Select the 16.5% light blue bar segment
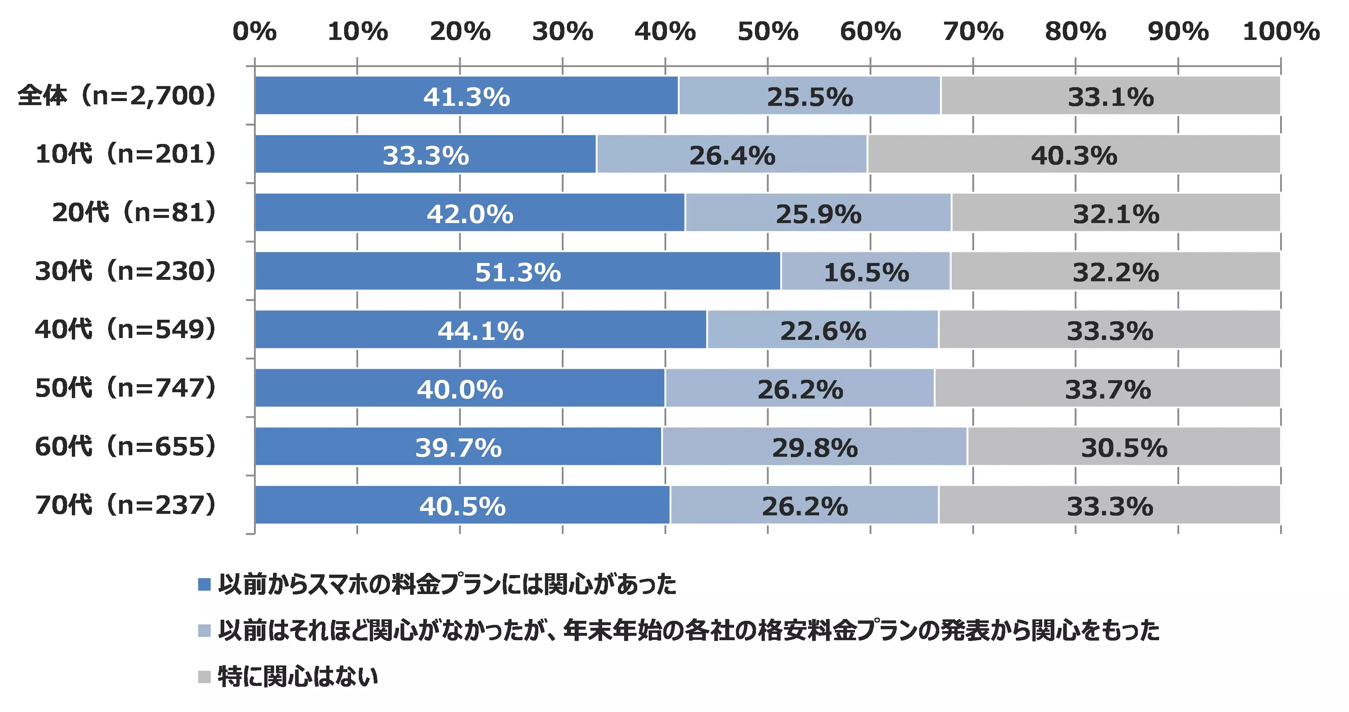pos(865,271)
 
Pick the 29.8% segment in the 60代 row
pos(814,446)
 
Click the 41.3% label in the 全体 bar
pos(467,97)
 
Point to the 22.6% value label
pos(823,330)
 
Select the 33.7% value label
pos(1108,389)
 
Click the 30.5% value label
pos(1124,448)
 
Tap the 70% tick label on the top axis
pos(973,31)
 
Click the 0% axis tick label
pos(254,31)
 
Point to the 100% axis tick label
pos(1281,31)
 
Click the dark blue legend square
pos(204,584)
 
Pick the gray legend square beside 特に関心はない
pos(204,676)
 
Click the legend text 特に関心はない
pos(298,676)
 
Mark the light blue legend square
pos(204,630)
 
